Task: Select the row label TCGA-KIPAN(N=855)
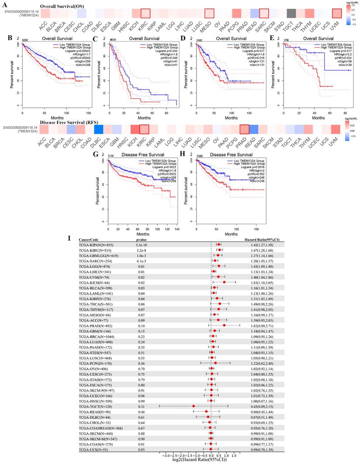[x=96, y=245]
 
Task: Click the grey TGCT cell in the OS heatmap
[x=291, y=14]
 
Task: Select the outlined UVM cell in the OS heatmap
[x=336, y=14]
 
